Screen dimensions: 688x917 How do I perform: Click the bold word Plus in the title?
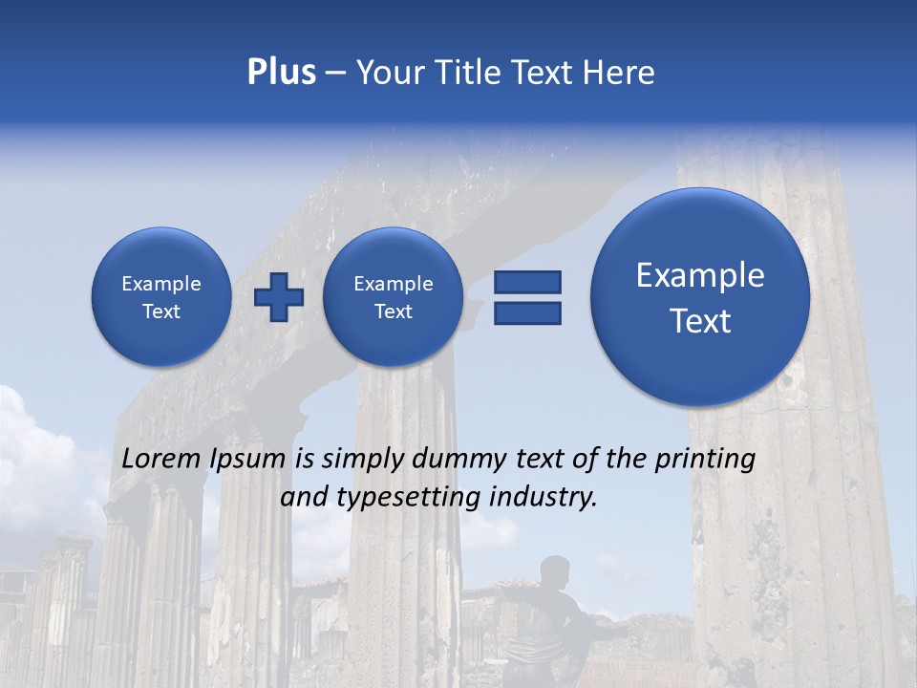click(x=281, y=73)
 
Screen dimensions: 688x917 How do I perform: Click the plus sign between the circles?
click(x=278, y=297)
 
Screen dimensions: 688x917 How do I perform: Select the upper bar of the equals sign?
click(x=527, y=282)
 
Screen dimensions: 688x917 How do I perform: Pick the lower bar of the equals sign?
click(x=527, y=312)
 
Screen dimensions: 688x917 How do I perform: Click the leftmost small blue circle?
click(x=161, y=297)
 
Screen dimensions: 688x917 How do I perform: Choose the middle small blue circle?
click(x=393, y=297)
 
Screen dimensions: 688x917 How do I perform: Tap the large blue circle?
click(x=700, y=297)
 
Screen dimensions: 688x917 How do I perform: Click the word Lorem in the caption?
click(x=161, y=460)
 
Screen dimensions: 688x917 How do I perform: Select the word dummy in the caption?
click(x=455, y=460)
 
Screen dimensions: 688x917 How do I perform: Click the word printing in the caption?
click(x=704, y=460)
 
